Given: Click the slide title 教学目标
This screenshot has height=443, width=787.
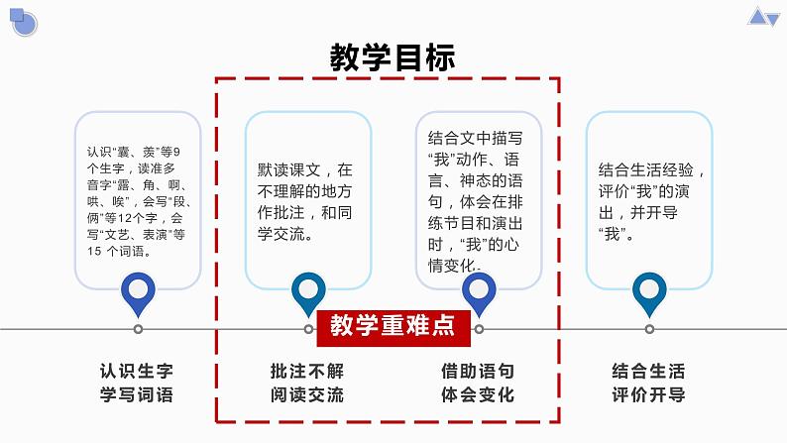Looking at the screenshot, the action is click(x=393, y=58).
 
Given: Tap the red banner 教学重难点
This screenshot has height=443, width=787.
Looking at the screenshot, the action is click(x=393, y=325).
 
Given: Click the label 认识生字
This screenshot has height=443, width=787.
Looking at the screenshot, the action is click(x=137, y=372).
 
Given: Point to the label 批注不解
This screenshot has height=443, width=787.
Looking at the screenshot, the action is click(x=307, y=372).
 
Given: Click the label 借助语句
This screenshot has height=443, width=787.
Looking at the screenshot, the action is click(x=478, y=372).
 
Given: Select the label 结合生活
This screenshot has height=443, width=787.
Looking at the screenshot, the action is click(x=649, y=372).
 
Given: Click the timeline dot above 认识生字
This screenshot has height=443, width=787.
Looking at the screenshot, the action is click(x=138, y=329).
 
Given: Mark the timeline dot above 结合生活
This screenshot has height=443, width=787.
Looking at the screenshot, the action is click(x=649, y=329).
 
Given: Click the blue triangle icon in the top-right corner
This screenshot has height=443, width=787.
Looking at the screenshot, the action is click(x=764, y=16).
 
